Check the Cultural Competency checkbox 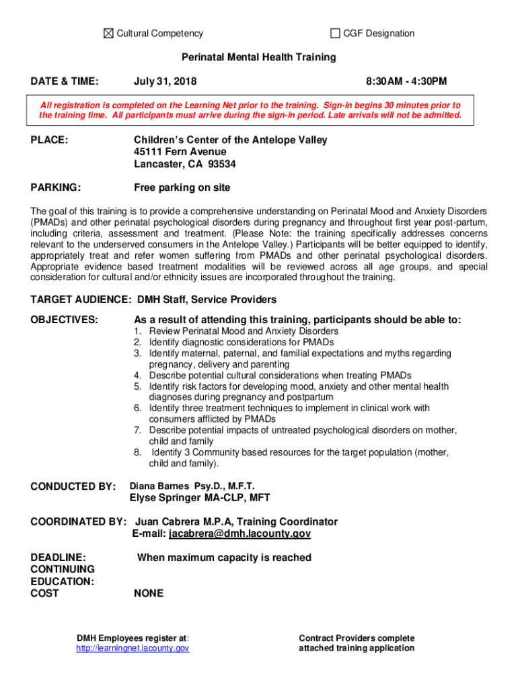(109, 34)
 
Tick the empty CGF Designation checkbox (335, 34)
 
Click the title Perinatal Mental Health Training (259, 58)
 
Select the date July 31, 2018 (165, 82)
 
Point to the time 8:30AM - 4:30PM (406, 82)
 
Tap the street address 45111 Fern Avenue (180, 152)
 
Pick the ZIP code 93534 (222, 164)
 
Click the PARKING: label (57, 187)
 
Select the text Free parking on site (182, 187)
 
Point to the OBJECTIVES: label (65, 320)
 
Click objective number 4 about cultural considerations (280, 376)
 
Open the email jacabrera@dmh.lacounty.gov (239, 534)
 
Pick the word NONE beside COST (149, 594)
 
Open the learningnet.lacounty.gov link (133, 648)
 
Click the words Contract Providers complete (357, 638)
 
